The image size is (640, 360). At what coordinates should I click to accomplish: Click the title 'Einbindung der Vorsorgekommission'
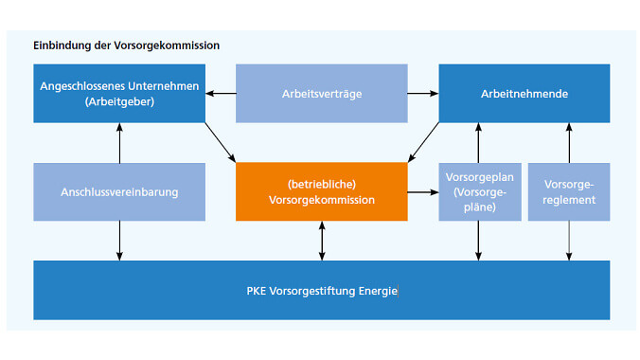[x=126, y=45]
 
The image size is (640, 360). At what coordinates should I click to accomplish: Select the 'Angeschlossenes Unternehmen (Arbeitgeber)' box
[x=119, y=94]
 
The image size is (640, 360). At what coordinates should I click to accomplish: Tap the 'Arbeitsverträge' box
[x=322, y=94]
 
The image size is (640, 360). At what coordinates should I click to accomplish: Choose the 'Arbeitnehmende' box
[x=524, y=94]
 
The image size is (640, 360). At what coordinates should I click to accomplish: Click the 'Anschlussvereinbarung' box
[x=119, y=191]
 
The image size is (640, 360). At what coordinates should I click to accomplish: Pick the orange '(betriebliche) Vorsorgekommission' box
[x=322, y=191]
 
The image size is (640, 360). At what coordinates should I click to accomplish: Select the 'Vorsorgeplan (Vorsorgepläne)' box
[x=479, y=191]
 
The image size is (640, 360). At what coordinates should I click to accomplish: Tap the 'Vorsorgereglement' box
[x=568, y=191]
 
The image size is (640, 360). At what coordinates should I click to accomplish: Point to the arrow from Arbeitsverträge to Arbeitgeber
[x=221, y=94]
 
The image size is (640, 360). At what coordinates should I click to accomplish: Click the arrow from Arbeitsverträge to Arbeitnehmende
[x=423, y=94]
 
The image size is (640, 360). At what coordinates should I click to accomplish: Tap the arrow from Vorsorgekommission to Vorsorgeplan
[x=423, y=191]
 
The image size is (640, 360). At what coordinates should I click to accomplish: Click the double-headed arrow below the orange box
[x=322, y=241]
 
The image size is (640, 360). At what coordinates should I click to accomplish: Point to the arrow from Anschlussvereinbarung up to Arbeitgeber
[x=119, y=143]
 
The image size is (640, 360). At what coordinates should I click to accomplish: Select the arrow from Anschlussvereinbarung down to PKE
[x=119, y=241]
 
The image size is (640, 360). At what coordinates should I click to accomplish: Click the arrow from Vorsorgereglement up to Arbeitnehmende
[x=568, y=143]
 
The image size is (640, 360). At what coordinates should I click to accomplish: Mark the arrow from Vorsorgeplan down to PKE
[x=479, y=241]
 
